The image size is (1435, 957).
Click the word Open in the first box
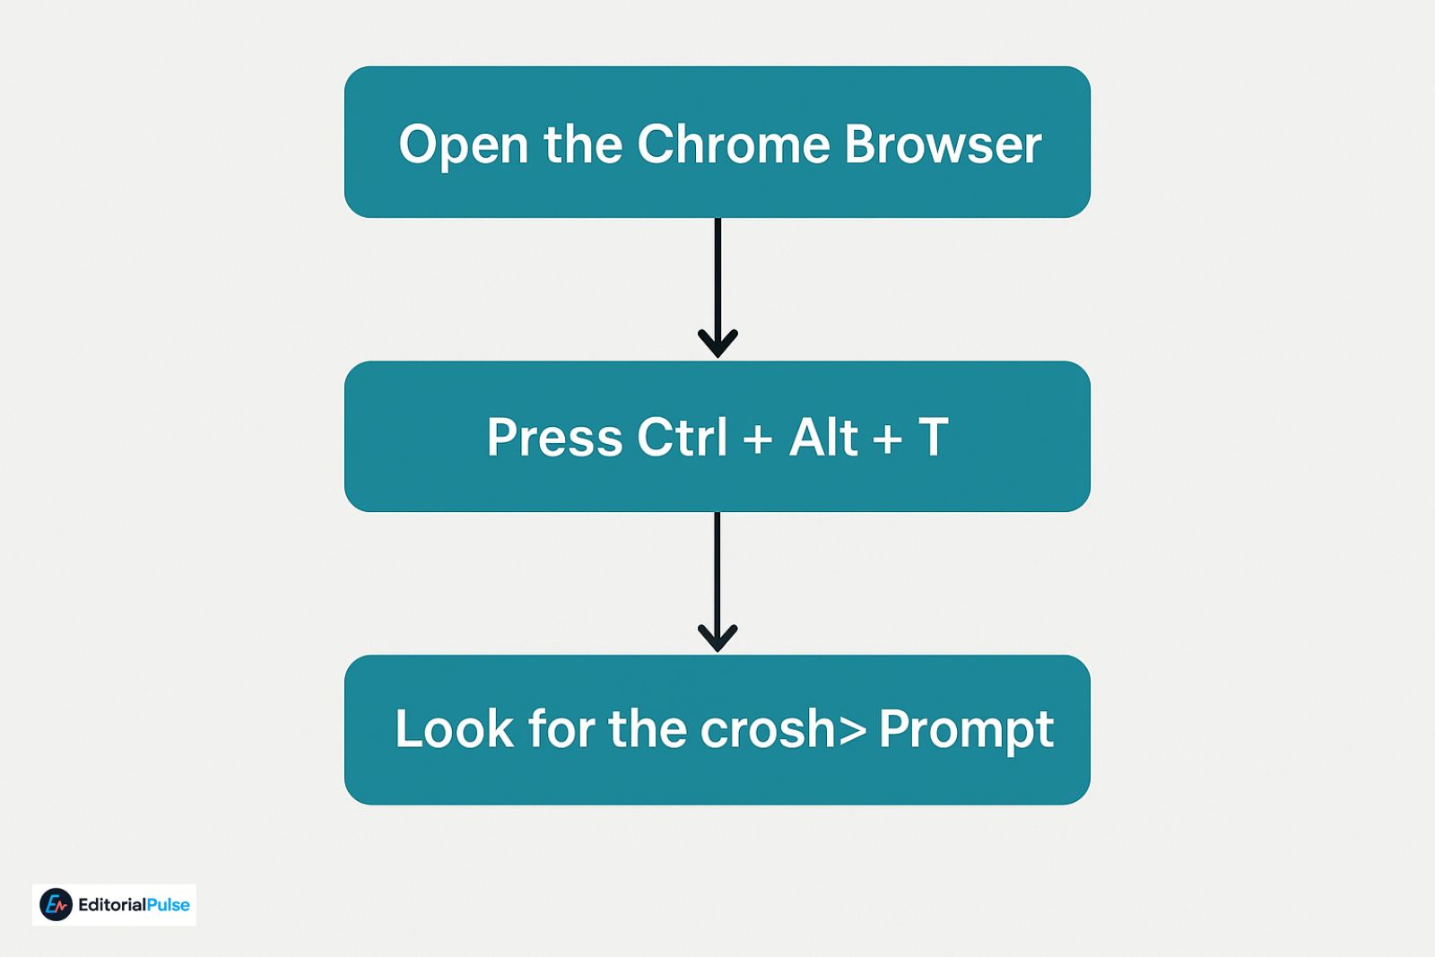pyautogui.click(x=463, y=145)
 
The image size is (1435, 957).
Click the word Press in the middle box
pyautogui.click(x=554, y=438)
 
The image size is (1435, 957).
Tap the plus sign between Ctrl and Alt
pyautogui.click(x=758, y=439)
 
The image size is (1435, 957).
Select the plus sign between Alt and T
pyautogui.click(x=887, y=439)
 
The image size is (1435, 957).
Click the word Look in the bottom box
pyautogui.click(x=454, y=728)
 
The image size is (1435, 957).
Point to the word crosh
pyautogui.click(x=768, y=729)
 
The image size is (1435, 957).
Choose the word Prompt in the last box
pyautogui.click(x=966, y=730)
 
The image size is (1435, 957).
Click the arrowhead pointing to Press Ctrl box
pyautogui.click(x=717, y=342)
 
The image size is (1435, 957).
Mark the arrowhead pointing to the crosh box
pyautogui.click(x=717, y=637)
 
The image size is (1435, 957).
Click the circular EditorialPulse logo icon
pyautogui.click(x=56, y=905)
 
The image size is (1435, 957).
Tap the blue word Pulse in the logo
pyautogui.click(x=168, y=905)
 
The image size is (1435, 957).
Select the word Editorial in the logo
pyautogui.click(x=112, y=905)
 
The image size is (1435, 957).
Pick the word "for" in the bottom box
pyautogui.click(x=559, y=728)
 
